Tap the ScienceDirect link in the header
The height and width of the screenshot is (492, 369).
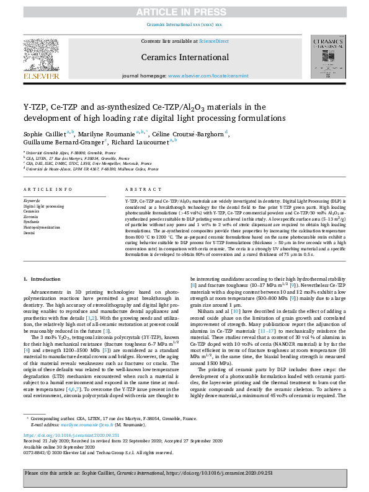[213, 41]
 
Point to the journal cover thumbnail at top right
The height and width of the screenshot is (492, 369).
[326, 58]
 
